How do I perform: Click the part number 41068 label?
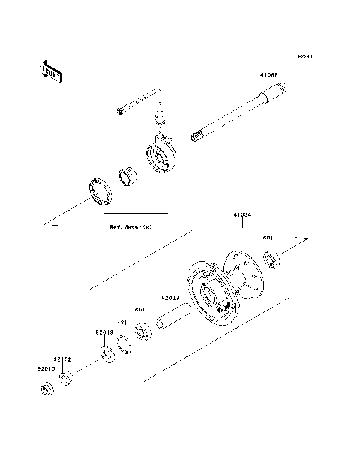(270, 76)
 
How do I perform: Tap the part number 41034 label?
(241, 214)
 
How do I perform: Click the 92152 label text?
(61, 358)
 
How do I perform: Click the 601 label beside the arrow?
(268, 238)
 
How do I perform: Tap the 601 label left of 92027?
(139, 309)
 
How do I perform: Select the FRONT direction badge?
(50, 70)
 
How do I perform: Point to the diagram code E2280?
(304, 56)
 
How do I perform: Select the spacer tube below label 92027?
(175, 319)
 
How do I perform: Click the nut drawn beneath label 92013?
(45, 388)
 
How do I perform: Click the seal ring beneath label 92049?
(107, 352)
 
